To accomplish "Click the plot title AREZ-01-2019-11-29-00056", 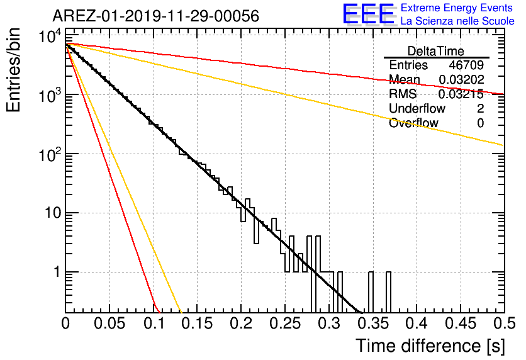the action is click(156, 16).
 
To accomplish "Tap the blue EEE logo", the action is click(368, 14).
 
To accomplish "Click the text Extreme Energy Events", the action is click(457, 8).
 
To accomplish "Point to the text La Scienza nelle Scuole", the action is click(457, 21).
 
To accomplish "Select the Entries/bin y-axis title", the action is click(13, 70).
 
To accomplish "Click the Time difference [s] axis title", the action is click(430, 346).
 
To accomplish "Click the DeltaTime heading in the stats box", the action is click(436, 51).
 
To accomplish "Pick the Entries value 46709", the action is click(466, 65).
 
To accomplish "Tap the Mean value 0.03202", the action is click(461, 79).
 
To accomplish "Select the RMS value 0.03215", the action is click(461, 94).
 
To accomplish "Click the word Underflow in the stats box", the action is click(417, 108).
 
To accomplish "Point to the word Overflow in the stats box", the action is click(413, 123).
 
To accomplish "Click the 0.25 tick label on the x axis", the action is click(285, 323).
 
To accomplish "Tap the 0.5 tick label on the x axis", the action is click(504, 323).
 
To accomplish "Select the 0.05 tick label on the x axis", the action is click(109, 323).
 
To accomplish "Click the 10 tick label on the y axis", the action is click(53, 213).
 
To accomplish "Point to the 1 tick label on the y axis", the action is click(57, 272).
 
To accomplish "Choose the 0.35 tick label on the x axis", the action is click(373, 323).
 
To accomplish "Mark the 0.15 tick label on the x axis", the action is click(198, 323).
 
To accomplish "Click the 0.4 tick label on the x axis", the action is click(417, 323).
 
